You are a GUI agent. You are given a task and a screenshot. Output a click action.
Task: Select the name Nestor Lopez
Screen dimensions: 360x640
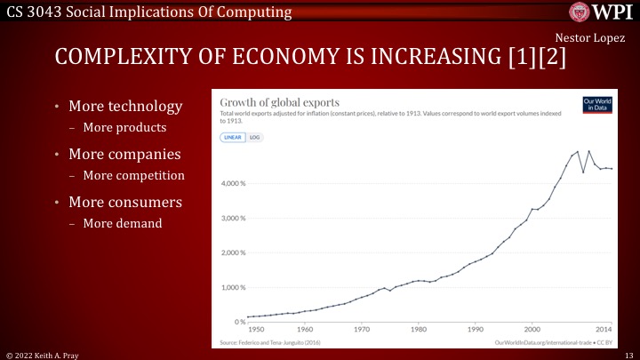coord(589,37)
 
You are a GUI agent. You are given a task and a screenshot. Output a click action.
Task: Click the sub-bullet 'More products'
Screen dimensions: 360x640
coord(124,127)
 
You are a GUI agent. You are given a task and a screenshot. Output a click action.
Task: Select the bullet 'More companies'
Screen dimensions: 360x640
coord(132,155)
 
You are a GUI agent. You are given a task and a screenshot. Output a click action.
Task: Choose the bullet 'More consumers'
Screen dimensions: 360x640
coord(132,203)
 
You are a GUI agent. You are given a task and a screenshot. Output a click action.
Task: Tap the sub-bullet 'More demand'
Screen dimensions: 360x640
coord(123,223)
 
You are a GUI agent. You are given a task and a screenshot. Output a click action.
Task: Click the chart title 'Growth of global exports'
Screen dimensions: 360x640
coord(279,102)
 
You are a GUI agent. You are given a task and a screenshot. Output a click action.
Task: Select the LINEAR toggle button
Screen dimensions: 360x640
coord(232,138)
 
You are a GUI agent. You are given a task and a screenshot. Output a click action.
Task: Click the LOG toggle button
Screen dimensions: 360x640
coord(255,138)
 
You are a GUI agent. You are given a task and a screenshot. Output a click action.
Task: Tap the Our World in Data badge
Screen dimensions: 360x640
coord(594,104)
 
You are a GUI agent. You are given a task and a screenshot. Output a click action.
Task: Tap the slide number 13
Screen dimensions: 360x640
coord(628,354)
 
